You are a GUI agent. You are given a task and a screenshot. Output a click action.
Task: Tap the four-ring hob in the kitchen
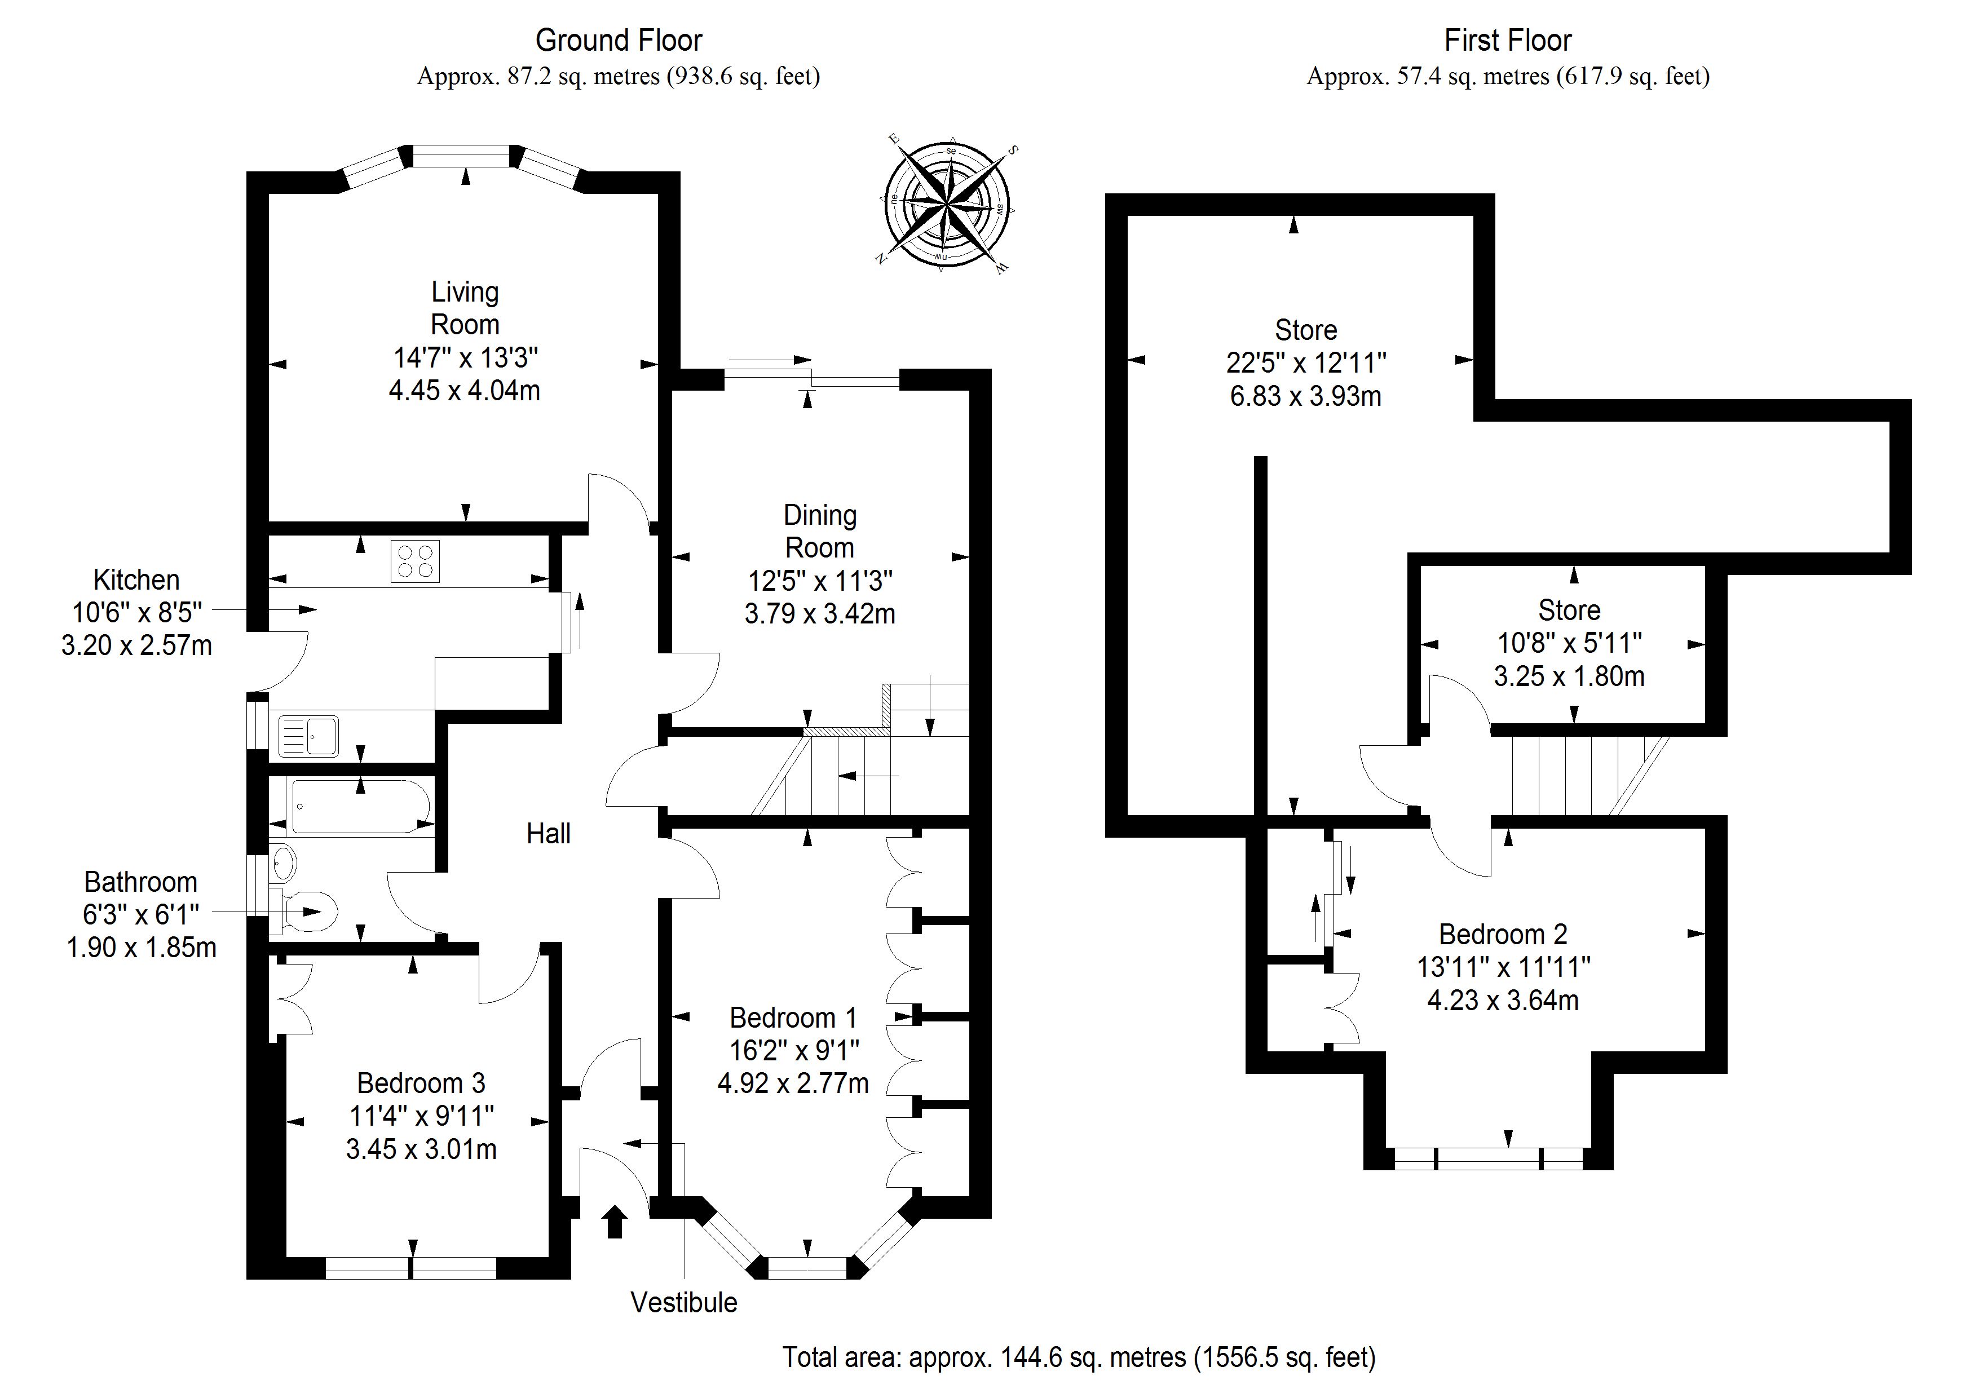tap(415, 561)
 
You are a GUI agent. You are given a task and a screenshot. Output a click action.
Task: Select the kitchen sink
tap(308, 736)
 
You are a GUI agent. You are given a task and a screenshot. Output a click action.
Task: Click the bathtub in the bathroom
tap(360, 806)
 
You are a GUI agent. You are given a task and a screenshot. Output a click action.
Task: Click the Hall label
tap(549, 833)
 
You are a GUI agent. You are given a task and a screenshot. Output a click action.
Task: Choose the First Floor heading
tap(1508, 41)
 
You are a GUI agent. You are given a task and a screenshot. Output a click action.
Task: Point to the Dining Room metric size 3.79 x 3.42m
tap(820, 613)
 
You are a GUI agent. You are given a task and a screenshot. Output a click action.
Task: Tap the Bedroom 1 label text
tap(793, 1017)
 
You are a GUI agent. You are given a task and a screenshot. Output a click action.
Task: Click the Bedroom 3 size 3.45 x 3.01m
tap(421, 1149)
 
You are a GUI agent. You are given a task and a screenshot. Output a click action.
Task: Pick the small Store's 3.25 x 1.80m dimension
tap(1570, 676)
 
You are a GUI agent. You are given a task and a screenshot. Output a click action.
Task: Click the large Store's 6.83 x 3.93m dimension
tap(1306, 396)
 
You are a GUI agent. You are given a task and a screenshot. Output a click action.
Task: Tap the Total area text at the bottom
tap(1079, 1357)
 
